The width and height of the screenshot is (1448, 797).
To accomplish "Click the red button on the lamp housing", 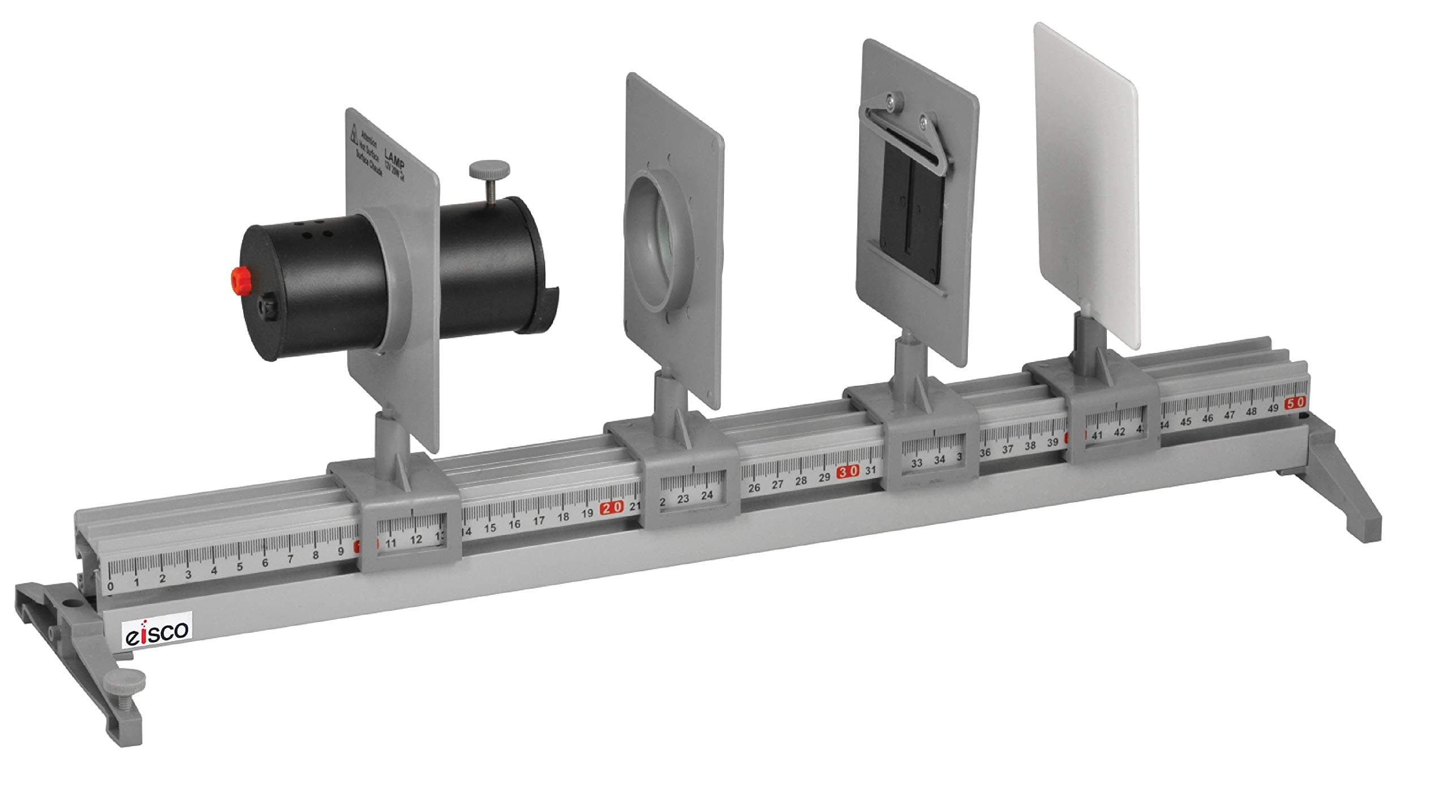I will point(239,278).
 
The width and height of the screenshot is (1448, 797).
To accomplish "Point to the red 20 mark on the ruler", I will point(611,507).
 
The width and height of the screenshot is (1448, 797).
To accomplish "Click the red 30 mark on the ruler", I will point(848,471).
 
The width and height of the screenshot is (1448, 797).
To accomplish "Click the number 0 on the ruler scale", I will point(110,587).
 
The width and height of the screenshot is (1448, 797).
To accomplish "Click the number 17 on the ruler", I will point(538,520).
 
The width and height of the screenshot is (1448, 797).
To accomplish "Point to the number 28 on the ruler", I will point(800,481).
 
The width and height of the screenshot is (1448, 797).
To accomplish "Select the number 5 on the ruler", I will point(239,567).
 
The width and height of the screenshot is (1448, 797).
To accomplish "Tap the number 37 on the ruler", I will point(1007,449).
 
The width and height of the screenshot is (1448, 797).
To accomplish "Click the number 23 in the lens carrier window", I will point(683,498).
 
